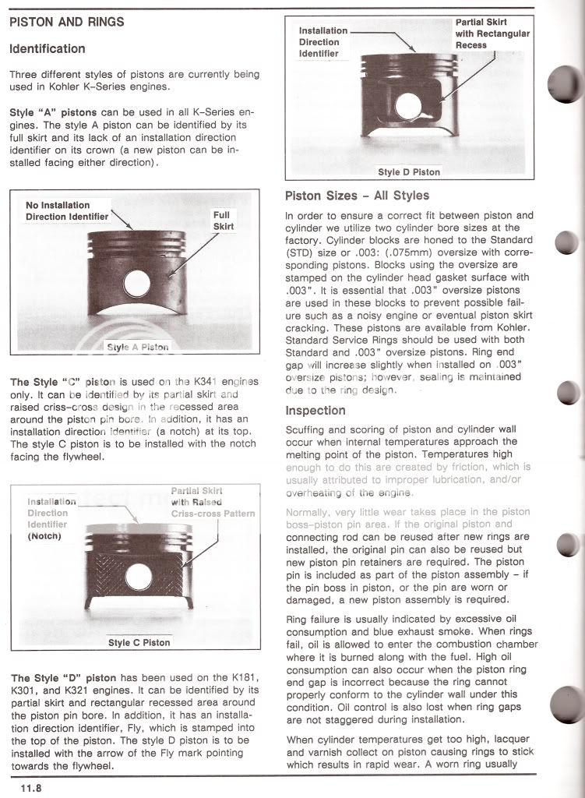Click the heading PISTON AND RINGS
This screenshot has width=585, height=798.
click(65, 22)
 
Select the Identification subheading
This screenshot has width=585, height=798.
click(47, 48)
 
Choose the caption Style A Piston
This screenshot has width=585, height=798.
click(137, 347)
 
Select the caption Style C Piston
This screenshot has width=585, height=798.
click(139, 643)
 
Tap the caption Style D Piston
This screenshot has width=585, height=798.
click(409, 171)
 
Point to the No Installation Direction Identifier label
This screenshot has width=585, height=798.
click(68, 210)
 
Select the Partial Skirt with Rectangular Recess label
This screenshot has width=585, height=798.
click(492, 34)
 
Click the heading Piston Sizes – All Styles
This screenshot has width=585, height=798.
click(357, 195)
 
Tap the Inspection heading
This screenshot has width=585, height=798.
click(315, 410)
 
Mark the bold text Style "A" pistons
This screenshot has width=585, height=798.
click(54, 113)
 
